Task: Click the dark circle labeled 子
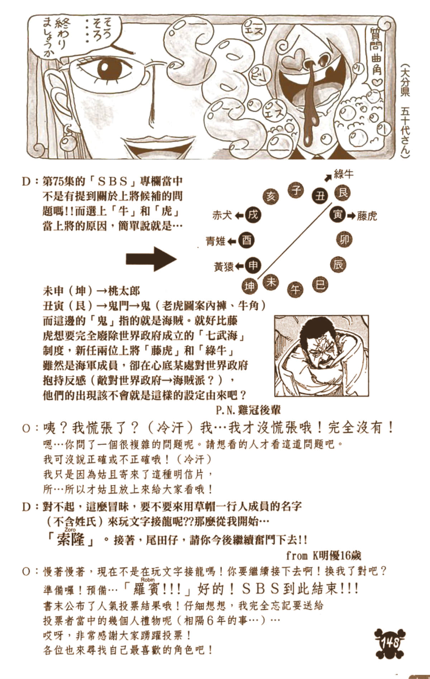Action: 296,189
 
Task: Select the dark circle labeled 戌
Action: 253,215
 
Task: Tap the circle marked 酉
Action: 247,240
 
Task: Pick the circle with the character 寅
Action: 338,215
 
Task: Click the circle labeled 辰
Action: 338,264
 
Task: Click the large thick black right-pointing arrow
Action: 151,258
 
